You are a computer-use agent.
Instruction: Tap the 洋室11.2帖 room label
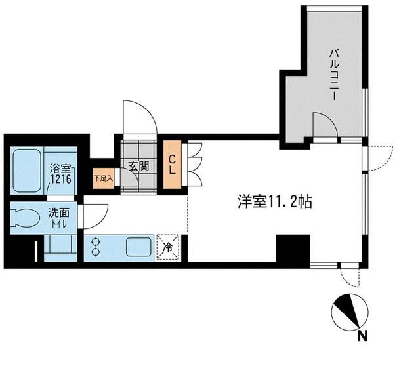(x=275, y=202)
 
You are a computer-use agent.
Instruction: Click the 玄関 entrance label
(x=138, y=165)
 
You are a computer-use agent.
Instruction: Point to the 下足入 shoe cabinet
(x=104, y=178)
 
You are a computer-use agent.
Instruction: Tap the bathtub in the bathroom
(x=28, y=170)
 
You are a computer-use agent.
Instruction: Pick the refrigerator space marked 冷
(x=168, y=248)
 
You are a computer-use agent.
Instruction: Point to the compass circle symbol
(x=348, y=312)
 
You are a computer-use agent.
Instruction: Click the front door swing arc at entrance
(x=139, y=118)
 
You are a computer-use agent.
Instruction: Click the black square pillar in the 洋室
(x=292, y=249)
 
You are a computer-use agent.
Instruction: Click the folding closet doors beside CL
(x=194, y=164)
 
